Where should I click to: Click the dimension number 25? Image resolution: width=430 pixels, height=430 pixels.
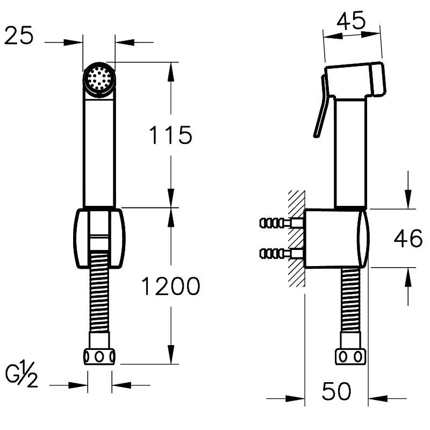tap(19, 35)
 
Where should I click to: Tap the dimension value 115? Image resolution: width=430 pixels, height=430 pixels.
tap(170, 135)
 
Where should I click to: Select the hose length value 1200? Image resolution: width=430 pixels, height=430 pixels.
tap(170, 286)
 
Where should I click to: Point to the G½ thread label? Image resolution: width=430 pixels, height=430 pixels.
tap(21, 374)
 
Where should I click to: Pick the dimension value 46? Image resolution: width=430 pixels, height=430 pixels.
tap(408, 238)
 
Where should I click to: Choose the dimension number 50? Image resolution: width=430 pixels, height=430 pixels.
tap(336, 391)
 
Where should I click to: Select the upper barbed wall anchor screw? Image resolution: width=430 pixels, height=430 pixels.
tap(281, 223)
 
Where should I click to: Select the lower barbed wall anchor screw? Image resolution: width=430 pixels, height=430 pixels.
tap(281, 253)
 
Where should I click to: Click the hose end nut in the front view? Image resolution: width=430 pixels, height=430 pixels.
tap(99, 356)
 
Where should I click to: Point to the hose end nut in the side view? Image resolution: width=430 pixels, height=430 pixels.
tap(351, 357)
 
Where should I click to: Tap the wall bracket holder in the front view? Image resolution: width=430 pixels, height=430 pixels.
tap(99, 238)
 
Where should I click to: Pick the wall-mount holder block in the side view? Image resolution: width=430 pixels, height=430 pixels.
tap(336, 238)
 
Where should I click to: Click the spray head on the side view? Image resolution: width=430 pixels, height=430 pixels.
tap(355, 80)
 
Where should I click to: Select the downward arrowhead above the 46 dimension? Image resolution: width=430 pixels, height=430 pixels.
tap(408, 199)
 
